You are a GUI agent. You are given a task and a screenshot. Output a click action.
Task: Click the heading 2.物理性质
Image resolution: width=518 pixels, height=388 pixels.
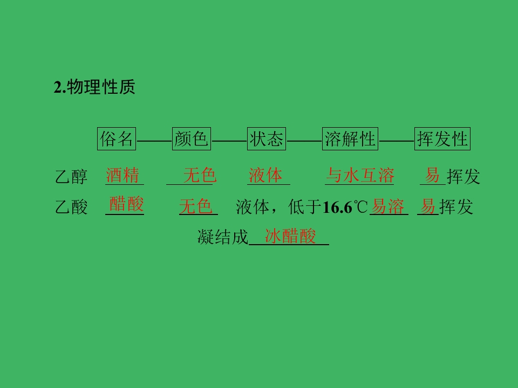pyautogui.click(x=94, y=87)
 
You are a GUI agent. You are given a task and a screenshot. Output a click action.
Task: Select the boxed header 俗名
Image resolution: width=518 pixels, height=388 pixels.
pyautogui.click(x=117, y=138)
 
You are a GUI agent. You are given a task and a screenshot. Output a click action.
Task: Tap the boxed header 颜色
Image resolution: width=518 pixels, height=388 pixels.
pyautogui.click(x=191, y=138)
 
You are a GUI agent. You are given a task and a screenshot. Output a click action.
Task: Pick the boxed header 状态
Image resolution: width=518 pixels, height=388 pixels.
pyautogui.click(x=266, y=138)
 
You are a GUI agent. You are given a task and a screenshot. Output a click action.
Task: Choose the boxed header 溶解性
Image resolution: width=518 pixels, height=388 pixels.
pyautogui.click(x=350, y=138)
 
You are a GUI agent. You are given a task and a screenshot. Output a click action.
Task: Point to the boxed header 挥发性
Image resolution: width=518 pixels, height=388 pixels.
pyautogui.click(x=442, y=138)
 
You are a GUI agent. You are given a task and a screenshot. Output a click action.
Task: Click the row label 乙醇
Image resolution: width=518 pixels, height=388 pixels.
pyautogui.click(x=71, y=177)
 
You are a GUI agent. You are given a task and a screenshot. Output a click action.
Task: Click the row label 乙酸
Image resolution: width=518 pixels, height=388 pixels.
pyautogui.click(x=71, y=207)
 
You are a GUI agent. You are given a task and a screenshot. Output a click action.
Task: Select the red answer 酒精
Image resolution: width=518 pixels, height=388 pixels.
pyautogui.click(x=122, y=175)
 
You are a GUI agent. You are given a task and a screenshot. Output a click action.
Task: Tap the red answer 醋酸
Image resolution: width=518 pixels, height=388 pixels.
pyautogui.click(x=126, y=204)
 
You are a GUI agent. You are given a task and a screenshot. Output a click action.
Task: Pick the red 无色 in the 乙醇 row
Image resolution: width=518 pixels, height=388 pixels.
pyautogui.click(x=200, y=175)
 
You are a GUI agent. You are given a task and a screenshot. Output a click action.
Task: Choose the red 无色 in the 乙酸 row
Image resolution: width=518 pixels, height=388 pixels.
pyautogui.click(x=195, y=206)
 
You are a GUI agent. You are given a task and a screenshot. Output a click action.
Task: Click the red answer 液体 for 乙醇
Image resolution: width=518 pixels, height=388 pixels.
pyautogui.click(x=265, y=175)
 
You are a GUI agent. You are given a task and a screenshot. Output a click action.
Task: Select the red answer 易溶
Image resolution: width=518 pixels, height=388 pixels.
pyautogui.click(x=387, y=206)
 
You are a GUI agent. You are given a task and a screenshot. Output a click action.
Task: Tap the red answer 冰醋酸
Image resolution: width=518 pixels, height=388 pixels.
pyautogui.click(x=290, y=236)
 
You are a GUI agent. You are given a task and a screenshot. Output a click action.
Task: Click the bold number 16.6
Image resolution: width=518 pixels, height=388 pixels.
pyautogui.click(x=337, y=207)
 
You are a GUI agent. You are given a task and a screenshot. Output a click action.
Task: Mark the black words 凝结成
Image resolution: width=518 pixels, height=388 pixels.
pyautogui.click(x=223, y=237)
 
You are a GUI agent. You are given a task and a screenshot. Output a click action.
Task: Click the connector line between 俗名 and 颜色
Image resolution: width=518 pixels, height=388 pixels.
pyautogui.click(x=154, y=141)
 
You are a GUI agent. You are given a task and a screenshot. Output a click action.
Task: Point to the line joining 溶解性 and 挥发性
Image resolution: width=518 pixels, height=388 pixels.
pyautogui.click(x=397, y=141)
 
